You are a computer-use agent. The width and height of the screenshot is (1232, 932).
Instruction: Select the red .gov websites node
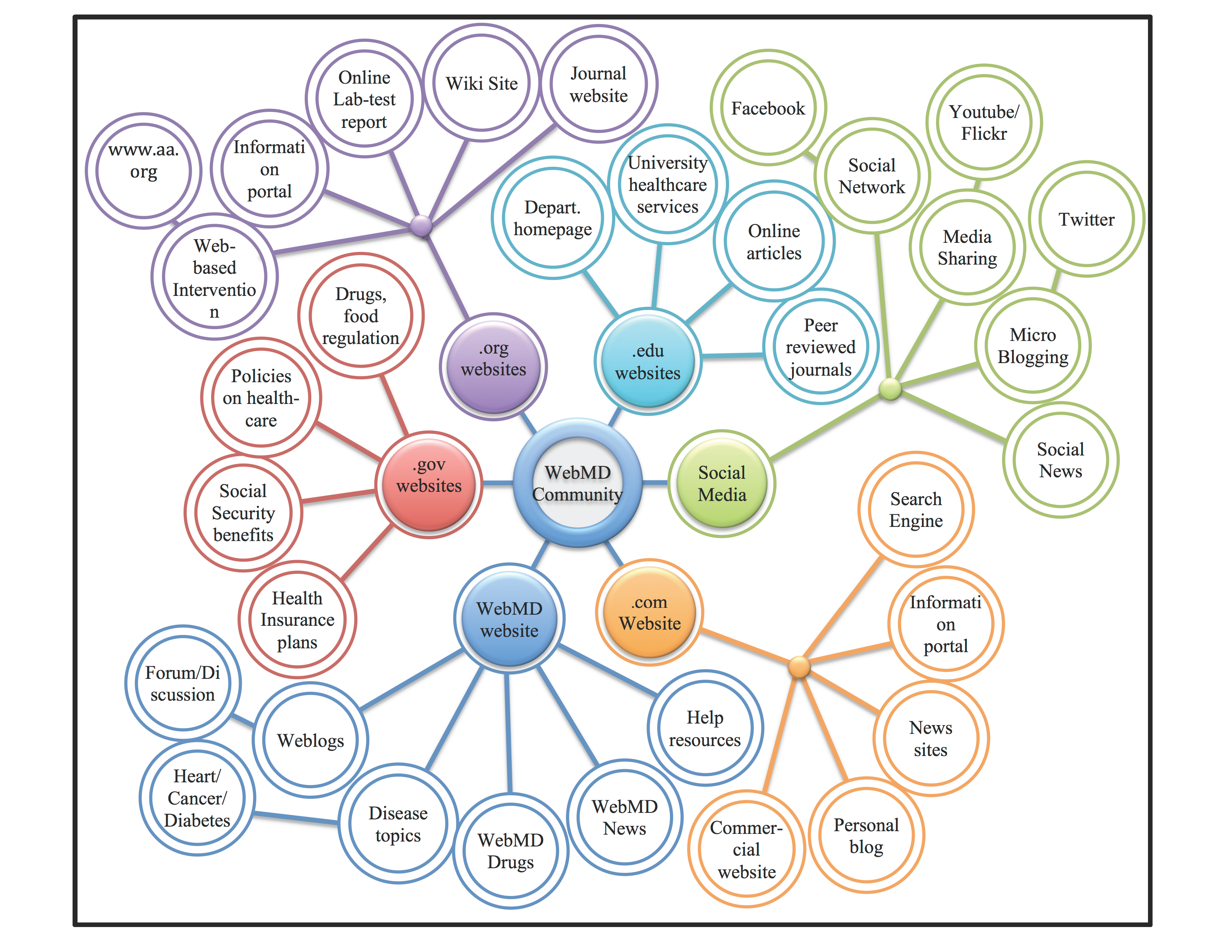coord(429,483)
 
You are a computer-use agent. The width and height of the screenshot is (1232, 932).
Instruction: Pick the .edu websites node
coord(648,362)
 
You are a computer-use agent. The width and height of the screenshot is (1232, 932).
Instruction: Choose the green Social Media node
coord(722,483)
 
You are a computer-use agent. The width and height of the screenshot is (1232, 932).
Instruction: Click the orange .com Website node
coord(650,612)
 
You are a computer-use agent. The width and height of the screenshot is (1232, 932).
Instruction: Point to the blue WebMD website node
coord(509,619)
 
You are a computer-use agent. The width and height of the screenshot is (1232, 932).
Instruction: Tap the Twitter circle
coord(1086,220)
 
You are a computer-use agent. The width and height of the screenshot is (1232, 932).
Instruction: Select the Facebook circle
coord(768,108)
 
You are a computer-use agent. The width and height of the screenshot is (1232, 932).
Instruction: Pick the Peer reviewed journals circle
coord(820,347)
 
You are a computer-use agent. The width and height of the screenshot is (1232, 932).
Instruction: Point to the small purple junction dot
coord(421,226)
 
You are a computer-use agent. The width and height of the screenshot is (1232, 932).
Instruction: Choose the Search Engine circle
coord(916,509)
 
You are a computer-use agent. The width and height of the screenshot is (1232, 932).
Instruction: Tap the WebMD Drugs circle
coord(510,851)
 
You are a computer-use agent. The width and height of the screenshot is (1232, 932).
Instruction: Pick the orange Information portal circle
coord(946,624)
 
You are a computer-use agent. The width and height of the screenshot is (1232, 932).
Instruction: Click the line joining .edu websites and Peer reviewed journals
coord(732,355)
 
